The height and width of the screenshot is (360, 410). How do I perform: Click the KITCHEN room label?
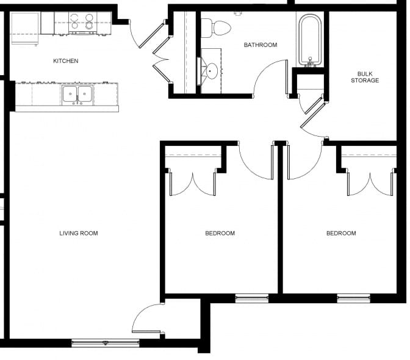coord(66,61)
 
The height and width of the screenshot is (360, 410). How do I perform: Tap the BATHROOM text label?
coord(261,45)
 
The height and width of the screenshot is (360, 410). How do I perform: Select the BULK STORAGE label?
coord(365,77)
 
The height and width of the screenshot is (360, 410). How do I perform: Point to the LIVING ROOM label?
coord(79,233)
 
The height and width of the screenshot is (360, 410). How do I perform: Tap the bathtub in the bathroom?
coord(311,40)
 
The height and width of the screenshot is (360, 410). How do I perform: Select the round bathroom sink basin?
coord(212,71)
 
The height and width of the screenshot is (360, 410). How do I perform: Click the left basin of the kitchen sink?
coord(70,94)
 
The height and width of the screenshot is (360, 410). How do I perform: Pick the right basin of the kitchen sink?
coord(85,94)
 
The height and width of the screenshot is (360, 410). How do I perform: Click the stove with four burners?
coord(82,23)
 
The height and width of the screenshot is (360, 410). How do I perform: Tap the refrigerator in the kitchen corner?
coord(25,28)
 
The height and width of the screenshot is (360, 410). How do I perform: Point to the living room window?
coord(106,343)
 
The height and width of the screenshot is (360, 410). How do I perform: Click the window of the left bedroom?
coord(252,298)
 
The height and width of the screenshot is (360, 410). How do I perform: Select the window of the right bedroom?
coord(353,298)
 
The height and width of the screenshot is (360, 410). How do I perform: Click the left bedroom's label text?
coord(220,233)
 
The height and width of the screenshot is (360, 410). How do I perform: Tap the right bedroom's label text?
coord(341,233)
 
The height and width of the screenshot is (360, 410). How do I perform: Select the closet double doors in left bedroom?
coord(193,184)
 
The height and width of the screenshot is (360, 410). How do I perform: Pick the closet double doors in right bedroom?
coord(370,184)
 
